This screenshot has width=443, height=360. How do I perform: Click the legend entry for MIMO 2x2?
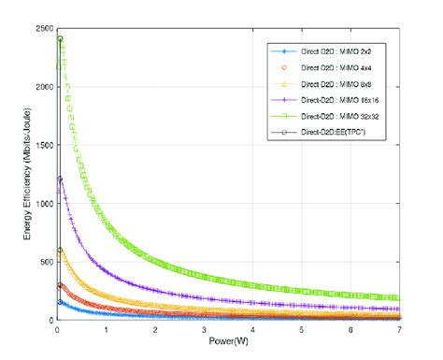point(321,50)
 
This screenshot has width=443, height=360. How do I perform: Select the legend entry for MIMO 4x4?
point(321,67)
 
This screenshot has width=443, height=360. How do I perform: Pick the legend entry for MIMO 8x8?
point(321,83)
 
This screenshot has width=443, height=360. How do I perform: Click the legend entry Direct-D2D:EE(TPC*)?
point(321,132)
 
